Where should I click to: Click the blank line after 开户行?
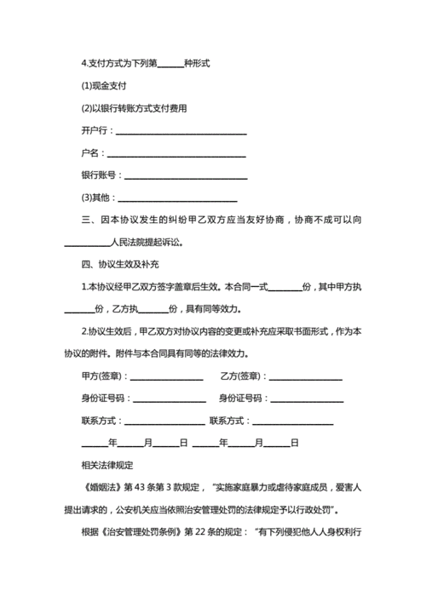(x=181, y=131)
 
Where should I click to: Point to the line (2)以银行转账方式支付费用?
(x=134, y=108)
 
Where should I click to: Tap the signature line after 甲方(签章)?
(x=166, y=376)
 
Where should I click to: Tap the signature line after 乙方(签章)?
(x=306, y=376)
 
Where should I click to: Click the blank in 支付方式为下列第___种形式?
(x=170, y=64)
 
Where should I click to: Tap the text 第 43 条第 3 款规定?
(x=165, y=488)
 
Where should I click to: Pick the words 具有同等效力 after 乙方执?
(x=212, y=309)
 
